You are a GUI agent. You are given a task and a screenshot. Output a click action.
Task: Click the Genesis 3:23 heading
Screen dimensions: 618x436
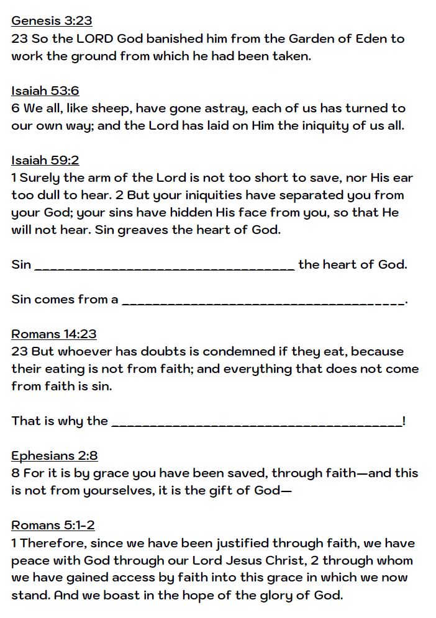(52, 20)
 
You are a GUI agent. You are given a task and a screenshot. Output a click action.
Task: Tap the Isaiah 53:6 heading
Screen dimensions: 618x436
(45, 91)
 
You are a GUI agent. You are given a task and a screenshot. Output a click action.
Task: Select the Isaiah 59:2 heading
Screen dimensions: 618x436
(45, 160)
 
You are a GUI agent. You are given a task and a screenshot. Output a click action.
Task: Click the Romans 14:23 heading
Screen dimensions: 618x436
(54, 334)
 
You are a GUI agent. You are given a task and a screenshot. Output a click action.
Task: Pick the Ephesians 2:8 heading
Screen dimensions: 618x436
(55, 455)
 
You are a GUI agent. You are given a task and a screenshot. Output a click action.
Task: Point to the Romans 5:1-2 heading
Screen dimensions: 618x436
(53, 525)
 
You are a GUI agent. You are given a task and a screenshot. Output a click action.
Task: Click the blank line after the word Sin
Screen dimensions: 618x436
(165, 267)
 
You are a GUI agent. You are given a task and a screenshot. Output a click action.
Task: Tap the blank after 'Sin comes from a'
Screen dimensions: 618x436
(263, 302)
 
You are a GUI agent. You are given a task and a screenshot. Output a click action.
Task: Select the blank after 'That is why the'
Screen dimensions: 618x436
(256, 423)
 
